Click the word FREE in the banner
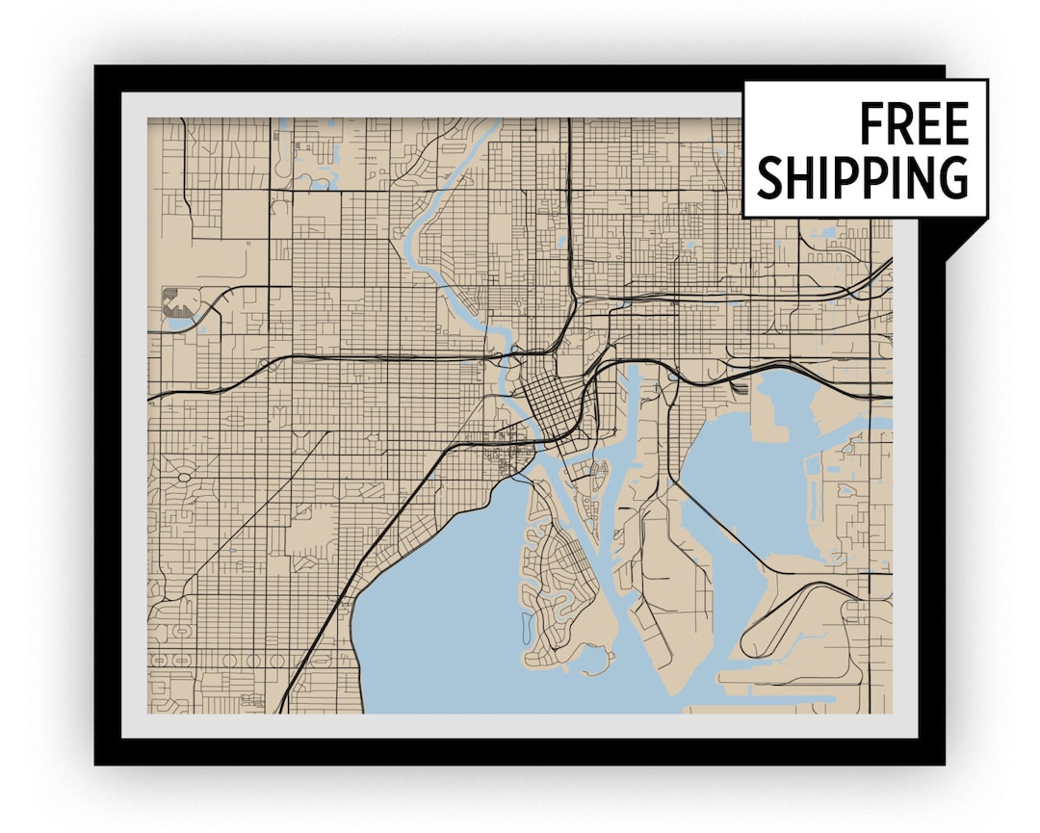point(913,124)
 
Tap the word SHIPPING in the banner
point(863,177)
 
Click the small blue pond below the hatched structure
point(179,325)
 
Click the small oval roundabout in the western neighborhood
point(183,476)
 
